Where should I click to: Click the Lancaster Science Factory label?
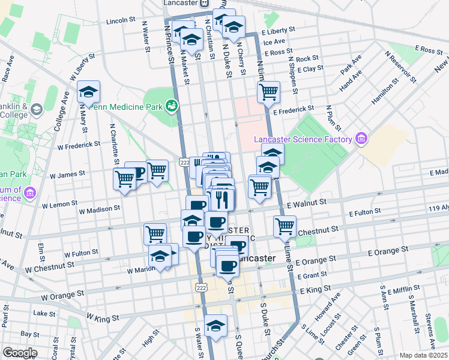click(x=302, y=140)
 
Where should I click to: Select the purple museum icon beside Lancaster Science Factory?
click(x=360, y=139)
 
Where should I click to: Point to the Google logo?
click(x=19, y=353)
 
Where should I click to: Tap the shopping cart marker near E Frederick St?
click(x=268, y=92)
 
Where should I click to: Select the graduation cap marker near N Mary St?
click(x=89, y=92)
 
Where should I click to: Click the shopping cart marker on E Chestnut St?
click(x=284, y=226)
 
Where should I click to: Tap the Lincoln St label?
click(x=121, y=20)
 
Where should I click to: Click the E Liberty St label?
click(x=278, y=29)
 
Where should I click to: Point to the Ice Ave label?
click(x=274, y=42)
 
